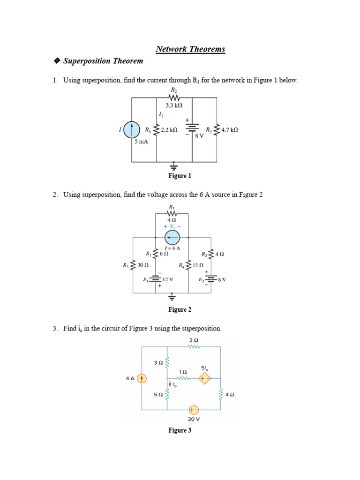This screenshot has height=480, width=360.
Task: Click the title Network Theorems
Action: pyautogui.click(x=190, y=49)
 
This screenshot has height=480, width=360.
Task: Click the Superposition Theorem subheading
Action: pyautogui.click(x=103, y=61)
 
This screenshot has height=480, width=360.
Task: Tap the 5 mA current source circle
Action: pyautogui.click(x=133, y=129)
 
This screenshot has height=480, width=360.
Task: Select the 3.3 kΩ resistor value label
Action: pyautogui.click(x=173, y=106)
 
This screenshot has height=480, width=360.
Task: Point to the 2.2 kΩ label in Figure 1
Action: pyautogui.click(x=169, y=130)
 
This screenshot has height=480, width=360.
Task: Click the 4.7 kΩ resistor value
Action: pyautogui.click(x=230, y=130)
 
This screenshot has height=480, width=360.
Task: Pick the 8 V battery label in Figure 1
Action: pyautogui.click(x=200, y=135)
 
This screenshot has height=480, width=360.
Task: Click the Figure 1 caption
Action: pyautogui.click(x=180, y=176)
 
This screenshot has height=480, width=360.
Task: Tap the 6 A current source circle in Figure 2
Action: pyautogui.click(x=172, y=238)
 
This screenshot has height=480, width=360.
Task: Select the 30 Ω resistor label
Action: pyautogui.click(x=142, y=265)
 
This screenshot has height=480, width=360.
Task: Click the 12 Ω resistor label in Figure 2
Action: pyautogui.click(x=198, y=265)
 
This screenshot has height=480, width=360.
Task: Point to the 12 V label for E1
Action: pyautogui.click(x=167, y=279)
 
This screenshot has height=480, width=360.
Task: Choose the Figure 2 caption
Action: pyautogui.click(x=180, y=309)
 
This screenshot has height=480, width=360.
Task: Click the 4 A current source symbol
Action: pyautogui.click(x=142, y=378)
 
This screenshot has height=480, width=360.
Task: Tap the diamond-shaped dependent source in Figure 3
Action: pyautogui.click(x=204, y=378)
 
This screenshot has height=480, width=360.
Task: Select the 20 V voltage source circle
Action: pyautogui.click(x=194, y=409)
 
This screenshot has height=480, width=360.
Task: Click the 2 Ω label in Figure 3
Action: pyautogui.click(x=194, y=340)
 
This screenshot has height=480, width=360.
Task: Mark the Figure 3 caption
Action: pyautogui.click(x=180, y=430)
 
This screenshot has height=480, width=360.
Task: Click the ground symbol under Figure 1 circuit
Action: pyautogui.click(x=174, y=166)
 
